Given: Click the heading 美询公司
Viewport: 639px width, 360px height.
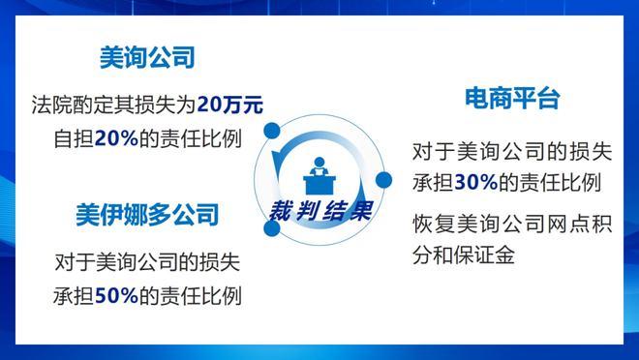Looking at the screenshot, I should [x=147, y=58].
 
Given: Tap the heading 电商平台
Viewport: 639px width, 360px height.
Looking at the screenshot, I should [x=512, y=100].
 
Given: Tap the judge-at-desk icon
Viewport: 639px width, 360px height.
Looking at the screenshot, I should [x=317, y=176].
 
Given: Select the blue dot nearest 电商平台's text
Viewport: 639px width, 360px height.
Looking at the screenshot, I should [x=382, y=180].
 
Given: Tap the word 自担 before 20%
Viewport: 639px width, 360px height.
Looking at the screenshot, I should [x=73, y=138].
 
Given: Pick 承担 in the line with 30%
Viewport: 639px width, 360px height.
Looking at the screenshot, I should [x=432, y=182].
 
